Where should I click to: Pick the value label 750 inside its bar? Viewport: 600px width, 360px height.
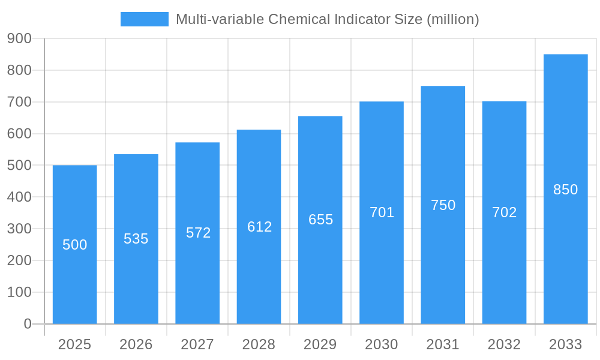pos(443,205)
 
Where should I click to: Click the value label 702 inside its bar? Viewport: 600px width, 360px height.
pos(504,212)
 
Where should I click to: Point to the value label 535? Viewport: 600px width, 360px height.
pos(136,239)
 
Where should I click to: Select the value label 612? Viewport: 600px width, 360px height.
pos(259,227)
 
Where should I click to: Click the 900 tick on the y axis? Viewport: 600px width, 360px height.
pos(19,38)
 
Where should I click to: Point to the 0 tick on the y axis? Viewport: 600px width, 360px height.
pos(27,324)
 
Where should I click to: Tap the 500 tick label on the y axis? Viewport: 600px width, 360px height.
pos(19,165)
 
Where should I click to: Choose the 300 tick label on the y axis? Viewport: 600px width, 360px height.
pos(19,229)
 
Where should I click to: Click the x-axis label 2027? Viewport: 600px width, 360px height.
pos(197,344)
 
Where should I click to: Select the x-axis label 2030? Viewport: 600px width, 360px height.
pos(382,344)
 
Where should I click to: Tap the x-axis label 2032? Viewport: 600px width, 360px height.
pos(504,344)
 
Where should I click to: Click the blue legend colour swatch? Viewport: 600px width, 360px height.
pos(145,19)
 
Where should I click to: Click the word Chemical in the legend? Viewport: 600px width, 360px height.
pos(297,19)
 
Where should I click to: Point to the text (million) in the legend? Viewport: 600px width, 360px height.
pos(452,19)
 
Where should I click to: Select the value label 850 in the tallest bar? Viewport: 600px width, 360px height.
pos(565,190)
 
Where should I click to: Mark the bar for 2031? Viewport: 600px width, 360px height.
pos(443,270)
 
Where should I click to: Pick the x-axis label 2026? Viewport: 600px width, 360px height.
pos(136,344)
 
